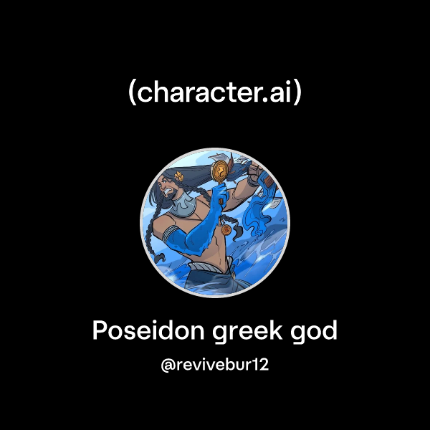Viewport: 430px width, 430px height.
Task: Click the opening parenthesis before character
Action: click(x=133, y=93)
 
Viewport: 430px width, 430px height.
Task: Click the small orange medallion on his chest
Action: click(x=224, y=231)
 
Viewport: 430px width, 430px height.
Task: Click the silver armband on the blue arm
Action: click(x=176, y=235)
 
